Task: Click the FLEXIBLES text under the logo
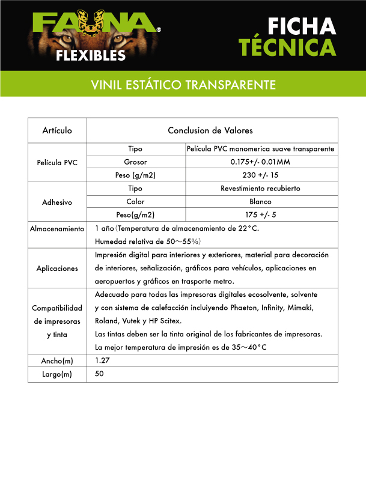[x=90, y=55]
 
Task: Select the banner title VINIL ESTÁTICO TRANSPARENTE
[x=183, y=84]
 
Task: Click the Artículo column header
[x=58, y=130]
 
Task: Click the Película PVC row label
[x=58, y=162]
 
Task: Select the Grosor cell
[x=135, y=162]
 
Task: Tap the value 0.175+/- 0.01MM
[x=260, y=162]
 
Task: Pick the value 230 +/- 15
[x=260, y=175]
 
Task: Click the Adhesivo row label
[x=58, y=202]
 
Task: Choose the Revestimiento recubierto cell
[x=260, y=189]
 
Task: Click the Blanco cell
[x=260, y=202]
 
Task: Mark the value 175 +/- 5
[x=260, y=215]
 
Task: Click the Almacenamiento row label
[x=58, y=229]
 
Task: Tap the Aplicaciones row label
[x=58, y=268]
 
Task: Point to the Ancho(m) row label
[x=58, y=360]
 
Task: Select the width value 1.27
[x=103, y=360]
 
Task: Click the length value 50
[x=100, y=374]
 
